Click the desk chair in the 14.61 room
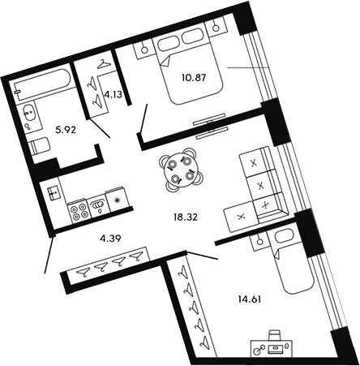pos(275,334)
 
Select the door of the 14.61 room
pos(195,253)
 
